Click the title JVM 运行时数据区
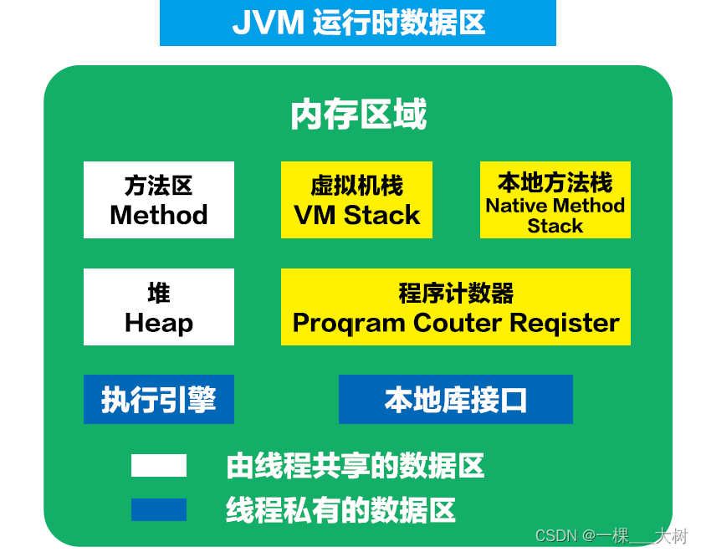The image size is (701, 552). click(x=358, y=23)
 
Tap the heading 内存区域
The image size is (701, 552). click(x=358, y=115)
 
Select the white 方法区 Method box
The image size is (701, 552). click(x=159, y=200)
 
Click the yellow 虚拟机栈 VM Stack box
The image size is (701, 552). click(x=356, y=200)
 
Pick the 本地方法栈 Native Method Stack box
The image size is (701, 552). click(x=555, y=200)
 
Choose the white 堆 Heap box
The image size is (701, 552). click(x=159, y=307)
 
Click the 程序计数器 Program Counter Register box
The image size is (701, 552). click(x=456, y=307)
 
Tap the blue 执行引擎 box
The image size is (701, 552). click(x=159, y=400)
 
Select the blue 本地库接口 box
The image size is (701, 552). click(x=456, y=400)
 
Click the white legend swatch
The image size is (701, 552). click(x=159, y=466)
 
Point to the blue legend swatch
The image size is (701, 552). click(x=159, y=509)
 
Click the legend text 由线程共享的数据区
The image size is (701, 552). click(x=356, y=466)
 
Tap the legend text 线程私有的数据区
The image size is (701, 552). click(x=340, y=509)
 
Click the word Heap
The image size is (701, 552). click(x=159, y=323)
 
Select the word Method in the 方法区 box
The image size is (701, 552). click(x=159, y=215)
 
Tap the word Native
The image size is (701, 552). click(x=514, y=206)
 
